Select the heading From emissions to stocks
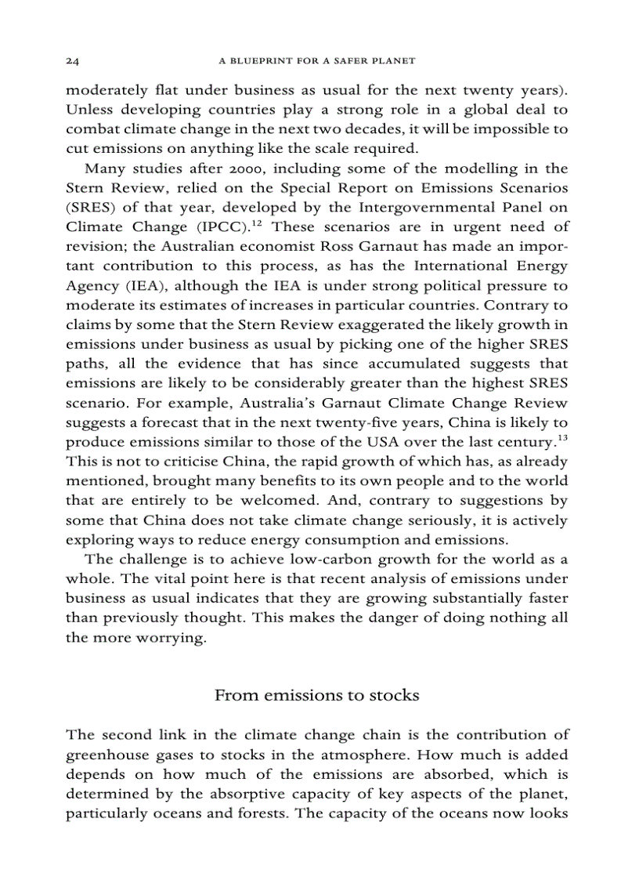316,695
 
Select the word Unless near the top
90,109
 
